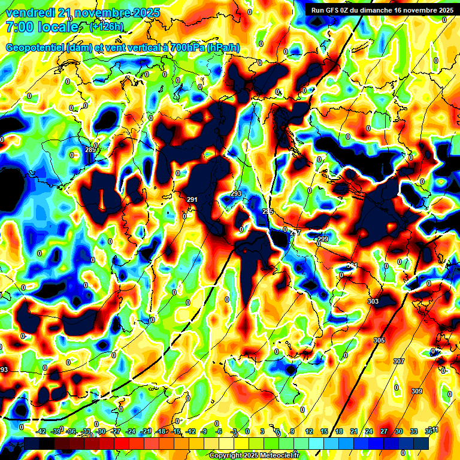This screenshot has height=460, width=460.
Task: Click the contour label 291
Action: pos(192,200)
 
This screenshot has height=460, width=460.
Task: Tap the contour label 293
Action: pos(236,194)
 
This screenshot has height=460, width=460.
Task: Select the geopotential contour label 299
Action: pos(323,240)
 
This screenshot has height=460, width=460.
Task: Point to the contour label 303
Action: pos(373,301)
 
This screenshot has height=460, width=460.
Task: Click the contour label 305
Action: pos(379,340)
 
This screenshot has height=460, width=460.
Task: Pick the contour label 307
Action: pos(399,361)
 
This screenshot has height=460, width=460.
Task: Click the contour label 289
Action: pos(90,150)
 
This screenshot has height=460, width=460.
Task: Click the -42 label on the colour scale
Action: pos(41,431)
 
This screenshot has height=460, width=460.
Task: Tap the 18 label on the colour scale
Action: pos(339,431)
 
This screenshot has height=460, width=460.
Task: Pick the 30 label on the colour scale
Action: pos(399,431)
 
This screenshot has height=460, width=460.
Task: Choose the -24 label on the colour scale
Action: pos(131,431)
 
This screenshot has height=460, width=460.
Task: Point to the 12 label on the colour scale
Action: pos(309,431)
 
